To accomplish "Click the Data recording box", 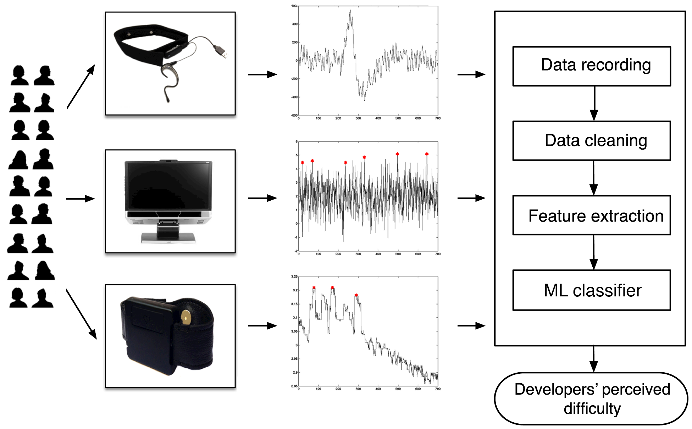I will pyautogui.click(x=591, y=66).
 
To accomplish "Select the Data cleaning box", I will pyautogui.click(x=591, y=141).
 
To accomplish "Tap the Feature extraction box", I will pyautogui.click(x=591, y=215).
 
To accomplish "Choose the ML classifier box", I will pyautogui.click(x=591, y=290).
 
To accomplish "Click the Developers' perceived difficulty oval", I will pyautogui.click(x=591, y=399).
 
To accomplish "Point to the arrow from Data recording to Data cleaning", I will pyautogui.click(x=594, y=104).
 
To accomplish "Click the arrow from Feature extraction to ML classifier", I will pyautogui.click(x=594, y=252).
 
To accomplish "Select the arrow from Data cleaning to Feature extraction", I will pyautogui.click(x=594, y=178).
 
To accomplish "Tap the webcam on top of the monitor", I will pyautogui.click(x=168, y=161).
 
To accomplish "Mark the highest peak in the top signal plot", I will pyautogui.click(x=350, y=10).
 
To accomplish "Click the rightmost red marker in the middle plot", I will pyautogui.click(x=427, y=154).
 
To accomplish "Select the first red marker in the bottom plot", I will pyautogui.click(x=314, y=288).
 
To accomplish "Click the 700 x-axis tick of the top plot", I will pyautogui.click(x=438, y=118).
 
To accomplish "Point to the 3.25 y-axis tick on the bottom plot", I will pyautogui.click(x=294, y=277).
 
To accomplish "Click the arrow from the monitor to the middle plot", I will pyautogui.click(x=262, y=198).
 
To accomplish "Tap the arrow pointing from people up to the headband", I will pyautogui.click(x=81, y=87).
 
